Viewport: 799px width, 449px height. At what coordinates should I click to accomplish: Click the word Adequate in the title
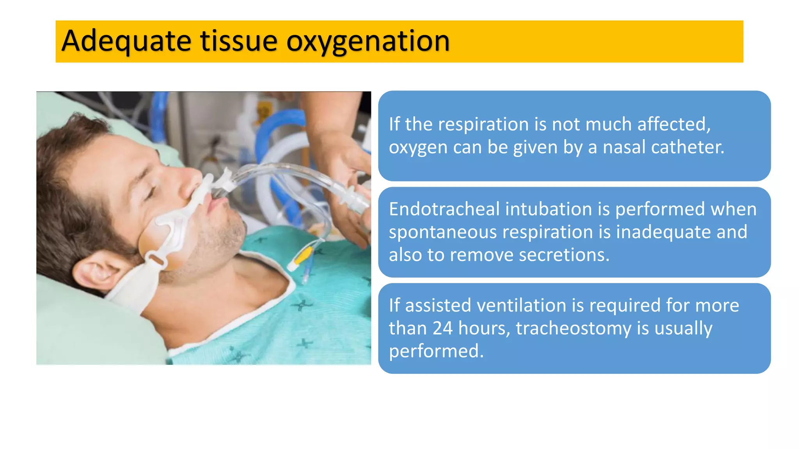126,41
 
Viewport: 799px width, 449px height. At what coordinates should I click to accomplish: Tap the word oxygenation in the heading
368,41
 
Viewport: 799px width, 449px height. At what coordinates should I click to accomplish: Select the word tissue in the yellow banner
238,41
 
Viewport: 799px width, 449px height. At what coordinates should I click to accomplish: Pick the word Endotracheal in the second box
444,209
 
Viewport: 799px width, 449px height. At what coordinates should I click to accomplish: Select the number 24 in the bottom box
442,328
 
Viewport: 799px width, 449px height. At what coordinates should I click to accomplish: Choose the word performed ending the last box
436,351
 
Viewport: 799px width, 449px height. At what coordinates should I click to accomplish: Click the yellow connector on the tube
302,256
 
